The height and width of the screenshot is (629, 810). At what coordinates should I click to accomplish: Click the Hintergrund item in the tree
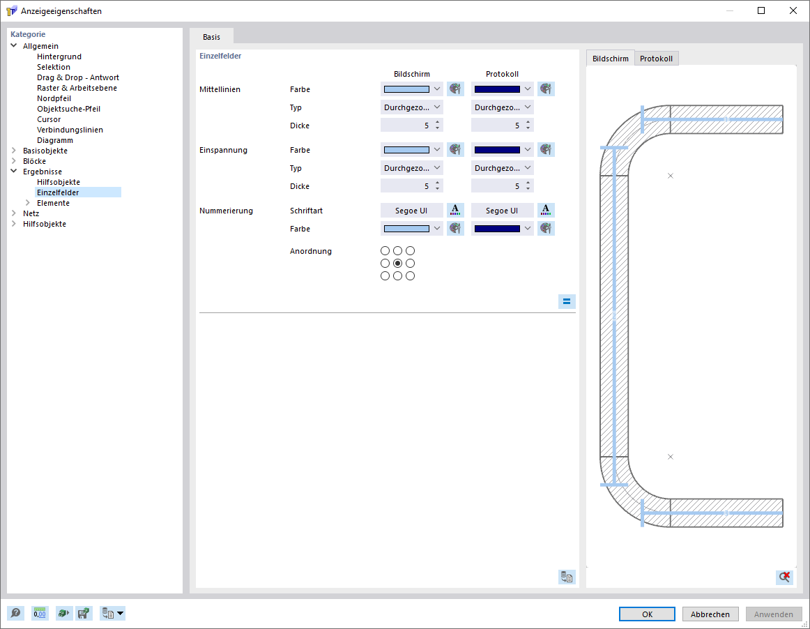59,56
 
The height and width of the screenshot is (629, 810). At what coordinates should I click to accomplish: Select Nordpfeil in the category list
54,98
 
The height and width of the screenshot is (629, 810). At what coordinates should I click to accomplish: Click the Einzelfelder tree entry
58,192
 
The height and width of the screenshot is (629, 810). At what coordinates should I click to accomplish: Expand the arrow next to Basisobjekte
14,151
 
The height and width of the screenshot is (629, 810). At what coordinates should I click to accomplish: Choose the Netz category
31,213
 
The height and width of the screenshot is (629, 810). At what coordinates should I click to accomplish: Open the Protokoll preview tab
656,59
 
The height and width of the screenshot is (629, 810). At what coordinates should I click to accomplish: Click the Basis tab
211,37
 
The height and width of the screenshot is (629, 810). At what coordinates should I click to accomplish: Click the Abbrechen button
710,614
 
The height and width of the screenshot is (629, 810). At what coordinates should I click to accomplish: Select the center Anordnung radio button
397,263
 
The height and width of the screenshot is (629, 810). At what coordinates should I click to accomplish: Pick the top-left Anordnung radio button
385,250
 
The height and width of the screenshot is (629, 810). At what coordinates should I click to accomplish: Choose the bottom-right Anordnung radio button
410,276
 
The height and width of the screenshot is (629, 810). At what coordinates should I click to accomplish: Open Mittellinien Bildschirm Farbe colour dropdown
412,89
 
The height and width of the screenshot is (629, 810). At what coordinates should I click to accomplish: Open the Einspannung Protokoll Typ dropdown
502,168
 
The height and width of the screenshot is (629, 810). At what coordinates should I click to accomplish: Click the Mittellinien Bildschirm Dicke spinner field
412,126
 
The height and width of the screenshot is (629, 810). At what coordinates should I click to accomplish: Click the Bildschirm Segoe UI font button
412,211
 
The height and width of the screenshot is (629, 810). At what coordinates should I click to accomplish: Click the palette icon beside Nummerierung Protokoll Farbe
546,229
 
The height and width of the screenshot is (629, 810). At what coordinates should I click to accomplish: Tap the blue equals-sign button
567,301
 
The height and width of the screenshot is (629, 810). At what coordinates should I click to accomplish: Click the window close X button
793,10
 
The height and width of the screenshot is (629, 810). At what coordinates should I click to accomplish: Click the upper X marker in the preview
671,176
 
